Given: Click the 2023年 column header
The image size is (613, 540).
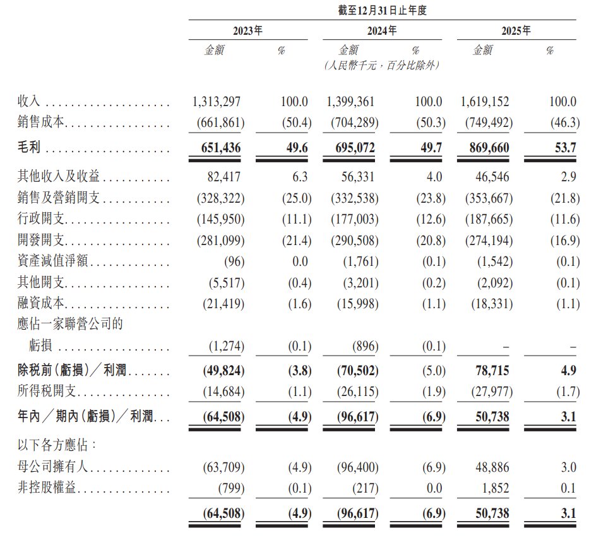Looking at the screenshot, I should point(248,30).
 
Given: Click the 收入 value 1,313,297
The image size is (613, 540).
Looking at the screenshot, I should point(217,102).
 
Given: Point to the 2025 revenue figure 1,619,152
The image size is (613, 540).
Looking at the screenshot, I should point(485,102).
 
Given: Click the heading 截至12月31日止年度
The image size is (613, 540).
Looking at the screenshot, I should point(381,10).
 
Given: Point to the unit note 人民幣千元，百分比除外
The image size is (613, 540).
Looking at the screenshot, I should point(381,65).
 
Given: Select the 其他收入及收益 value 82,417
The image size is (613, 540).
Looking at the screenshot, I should point(223,177).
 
